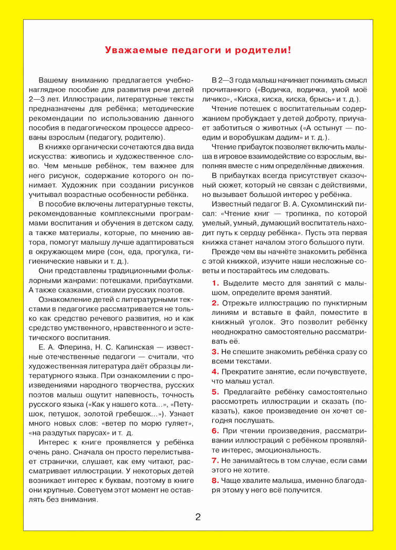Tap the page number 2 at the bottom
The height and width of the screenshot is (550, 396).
198,516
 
